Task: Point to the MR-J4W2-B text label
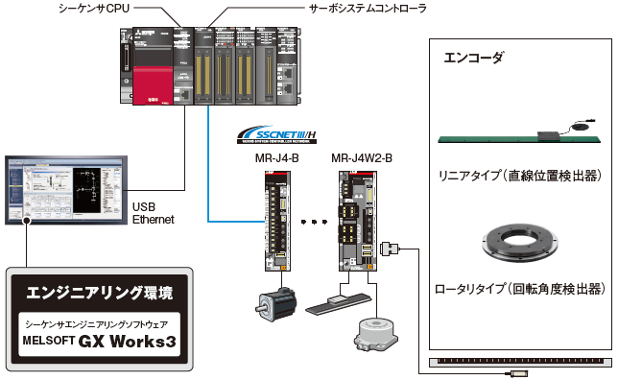tap(361, 157)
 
